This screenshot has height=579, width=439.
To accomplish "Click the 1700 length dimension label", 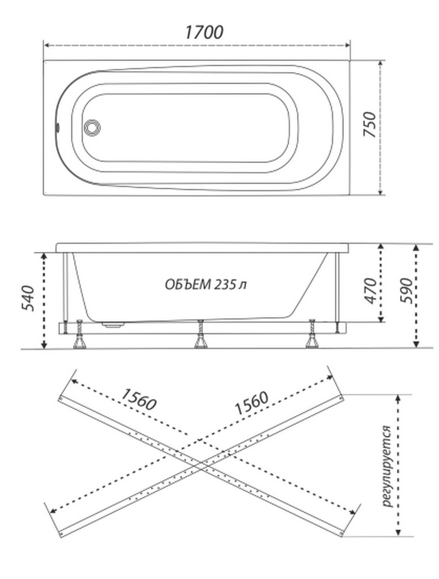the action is coord(204,32).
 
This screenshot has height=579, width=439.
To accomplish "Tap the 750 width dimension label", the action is coord(370,125).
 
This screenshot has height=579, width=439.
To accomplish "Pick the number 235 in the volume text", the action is coord(225,284).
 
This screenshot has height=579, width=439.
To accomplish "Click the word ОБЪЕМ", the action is coord(188,284).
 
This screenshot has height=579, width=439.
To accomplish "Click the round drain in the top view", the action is coord(92,127).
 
